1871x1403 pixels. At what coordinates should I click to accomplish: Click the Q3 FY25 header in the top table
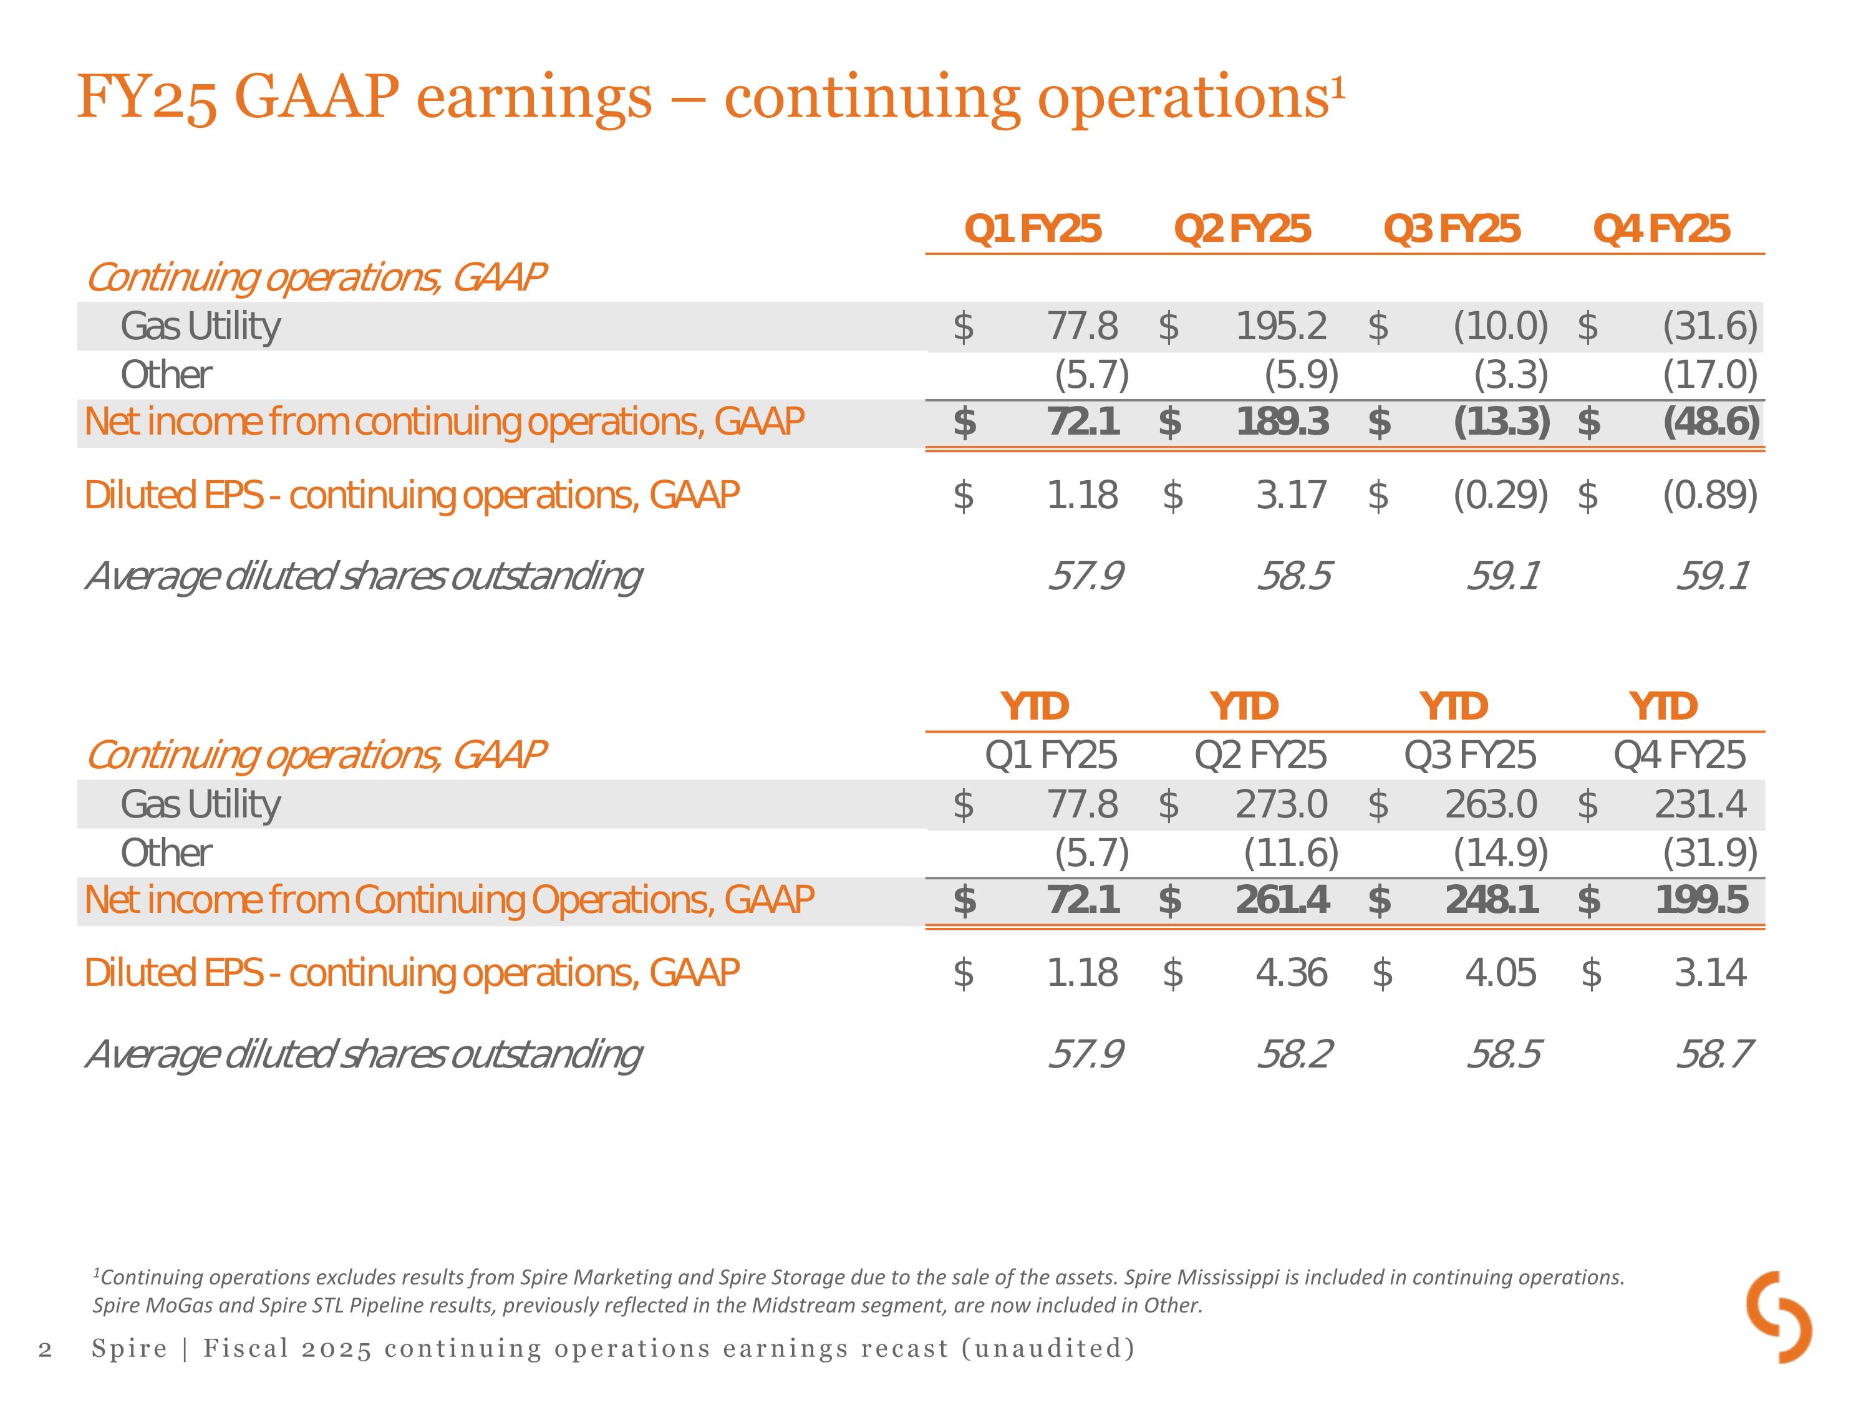tap(1451, 229)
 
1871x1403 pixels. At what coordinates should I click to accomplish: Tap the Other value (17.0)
tap(1709, 375)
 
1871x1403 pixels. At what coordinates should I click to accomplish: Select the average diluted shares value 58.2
tap(1294, 1054)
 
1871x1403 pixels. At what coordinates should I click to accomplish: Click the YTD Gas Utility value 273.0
tap(1282, 804)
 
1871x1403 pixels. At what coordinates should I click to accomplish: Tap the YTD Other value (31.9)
tap(1709, 853)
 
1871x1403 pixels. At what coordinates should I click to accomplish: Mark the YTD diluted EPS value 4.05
tap(1501, 973)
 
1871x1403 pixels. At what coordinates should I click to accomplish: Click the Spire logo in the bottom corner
tap(1779, 1317)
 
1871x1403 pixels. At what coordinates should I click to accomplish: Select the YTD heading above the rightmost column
tap(1663, 706)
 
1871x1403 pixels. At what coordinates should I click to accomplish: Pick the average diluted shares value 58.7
tap(1714, 1054)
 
